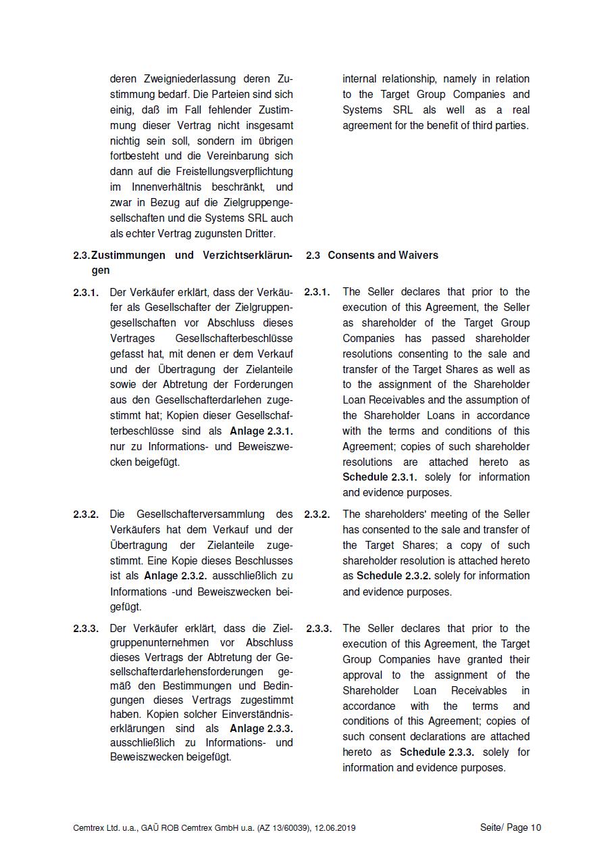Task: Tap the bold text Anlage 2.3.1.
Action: pos(261,431)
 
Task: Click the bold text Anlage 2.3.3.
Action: pos(261,728)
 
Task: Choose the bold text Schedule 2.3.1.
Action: pos(380,477)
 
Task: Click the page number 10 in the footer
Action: pos(536,827)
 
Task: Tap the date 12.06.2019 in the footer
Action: pos(334,827)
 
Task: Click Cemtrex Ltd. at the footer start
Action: pos(95,827)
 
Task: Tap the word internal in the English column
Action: pos(361,78)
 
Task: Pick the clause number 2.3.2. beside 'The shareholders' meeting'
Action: pos(317,514)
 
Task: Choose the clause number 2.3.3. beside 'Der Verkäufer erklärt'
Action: pos(86,628)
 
